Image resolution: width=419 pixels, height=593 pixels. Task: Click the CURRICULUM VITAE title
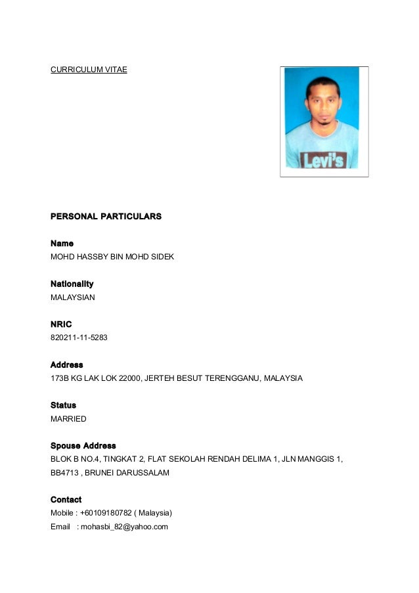(89, 69)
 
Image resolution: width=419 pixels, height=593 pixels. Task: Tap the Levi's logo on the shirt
(323, 160)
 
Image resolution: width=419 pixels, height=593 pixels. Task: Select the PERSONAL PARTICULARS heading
(106, 216)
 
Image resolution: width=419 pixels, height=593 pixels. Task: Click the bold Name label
(62, 244)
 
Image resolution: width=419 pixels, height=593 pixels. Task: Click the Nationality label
(72, 284)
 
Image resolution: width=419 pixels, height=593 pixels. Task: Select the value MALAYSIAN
(73, 297)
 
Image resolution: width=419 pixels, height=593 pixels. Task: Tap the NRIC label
(61, 324)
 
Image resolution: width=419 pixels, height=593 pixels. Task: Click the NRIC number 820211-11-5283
(79, 338)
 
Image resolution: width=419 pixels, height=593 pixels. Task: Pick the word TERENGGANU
(233, 378)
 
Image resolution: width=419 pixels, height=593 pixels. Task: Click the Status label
(63, 405)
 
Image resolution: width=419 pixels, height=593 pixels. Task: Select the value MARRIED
(68, 418)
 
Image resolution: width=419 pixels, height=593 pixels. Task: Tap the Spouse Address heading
(83, 446)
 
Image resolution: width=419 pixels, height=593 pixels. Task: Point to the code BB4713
(64, 472)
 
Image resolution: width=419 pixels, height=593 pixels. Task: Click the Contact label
(66, 500)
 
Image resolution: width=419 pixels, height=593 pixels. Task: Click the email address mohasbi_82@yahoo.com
(124, 527)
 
